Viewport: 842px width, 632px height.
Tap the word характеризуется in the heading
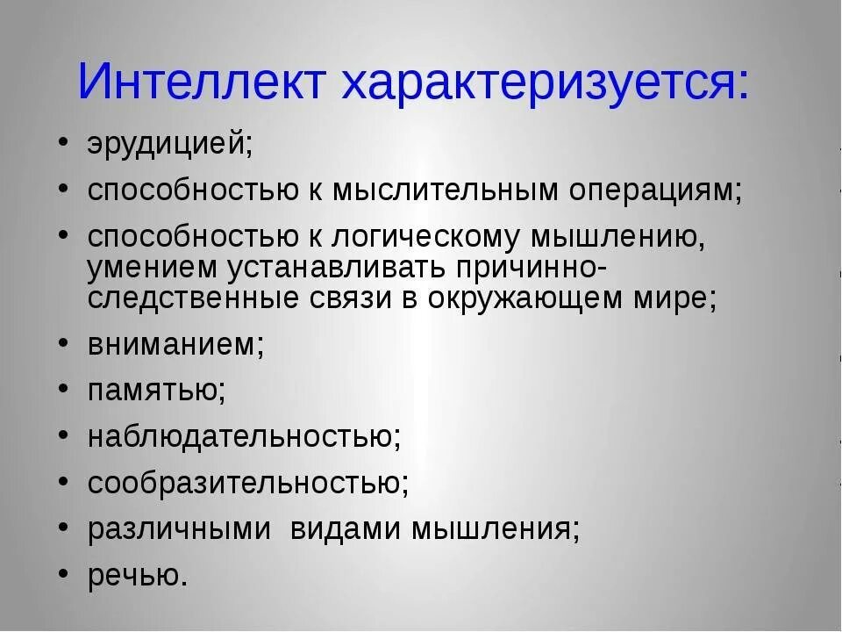pos(546,82)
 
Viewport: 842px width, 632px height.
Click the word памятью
pos(156,390)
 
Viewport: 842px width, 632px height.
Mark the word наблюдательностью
pos(244,436)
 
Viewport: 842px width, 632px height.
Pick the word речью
pos(137,576)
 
